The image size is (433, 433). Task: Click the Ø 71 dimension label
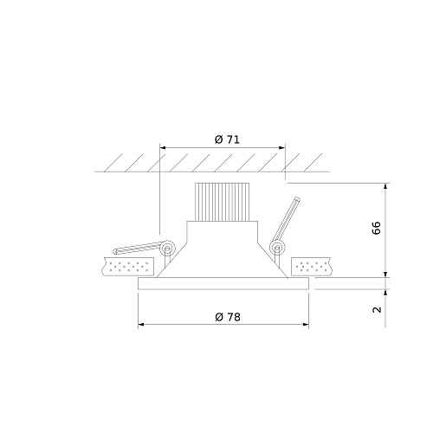(227, 139)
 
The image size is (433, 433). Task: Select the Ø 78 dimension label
(228, 317)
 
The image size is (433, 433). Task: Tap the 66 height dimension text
(377, 228)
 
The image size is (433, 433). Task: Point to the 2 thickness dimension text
(377, 309)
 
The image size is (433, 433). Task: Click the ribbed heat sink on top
(222, 202)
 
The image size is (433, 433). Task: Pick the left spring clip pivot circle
(167, 248)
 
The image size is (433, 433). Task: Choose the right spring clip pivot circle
(277, 248)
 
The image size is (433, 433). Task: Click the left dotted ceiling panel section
(128, 266)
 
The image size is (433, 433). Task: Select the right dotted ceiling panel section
(312, 266)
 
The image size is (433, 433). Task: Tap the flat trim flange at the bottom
(223, 283)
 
